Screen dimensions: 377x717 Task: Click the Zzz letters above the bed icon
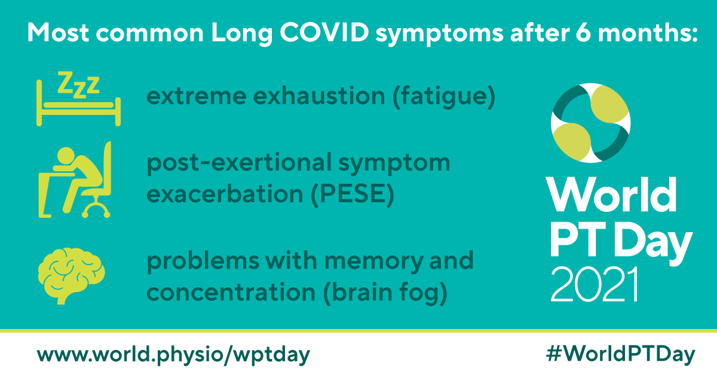pos(78,84)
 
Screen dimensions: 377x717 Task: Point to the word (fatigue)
pos(443,98)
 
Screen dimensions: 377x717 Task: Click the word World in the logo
pos(612,193)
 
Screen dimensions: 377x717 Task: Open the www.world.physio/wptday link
pos(174,354)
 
